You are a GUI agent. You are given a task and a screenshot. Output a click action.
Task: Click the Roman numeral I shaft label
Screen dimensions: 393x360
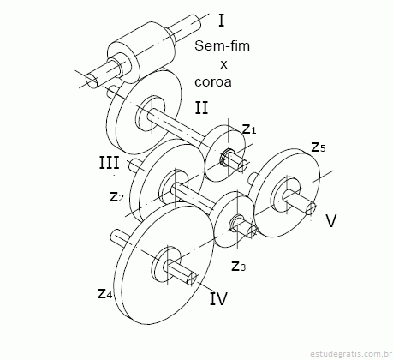tap(222, 21)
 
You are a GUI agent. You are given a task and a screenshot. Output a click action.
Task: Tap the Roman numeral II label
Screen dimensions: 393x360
tap(202, 108)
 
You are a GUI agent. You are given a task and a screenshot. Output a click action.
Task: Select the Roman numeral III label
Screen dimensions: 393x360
tap(109, 163)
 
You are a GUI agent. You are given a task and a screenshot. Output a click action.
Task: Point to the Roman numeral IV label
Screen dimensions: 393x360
tap(218, 298)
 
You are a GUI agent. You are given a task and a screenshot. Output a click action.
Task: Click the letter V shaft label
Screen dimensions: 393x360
tap(331, 220)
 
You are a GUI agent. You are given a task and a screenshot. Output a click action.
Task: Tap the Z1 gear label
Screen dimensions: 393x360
tap(249, 129)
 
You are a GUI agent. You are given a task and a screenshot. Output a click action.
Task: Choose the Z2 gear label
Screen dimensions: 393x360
tap(116, 196)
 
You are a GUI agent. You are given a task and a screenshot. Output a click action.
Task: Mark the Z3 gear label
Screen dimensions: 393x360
tap(238, 266)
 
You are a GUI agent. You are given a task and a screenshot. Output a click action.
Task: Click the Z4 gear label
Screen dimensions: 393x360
tap(105, 293)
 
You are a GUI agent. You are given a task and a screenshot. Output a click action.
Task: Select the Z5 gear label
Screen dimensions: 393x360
tap(319, 147)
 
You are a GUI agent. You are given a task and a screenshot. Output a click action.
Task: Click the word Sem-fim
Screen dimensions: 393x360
tap(222, 45)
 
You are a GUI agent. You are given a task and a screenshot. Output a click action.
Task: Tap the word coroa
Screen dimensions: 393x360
tap(213, 82)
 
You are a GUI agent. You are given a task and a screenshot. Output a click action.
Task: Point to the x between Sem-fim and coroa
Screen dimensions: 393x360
tap(223, 64)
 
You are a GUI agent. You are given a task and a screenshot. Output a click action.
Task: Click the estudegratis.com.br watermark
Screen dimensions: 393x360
tap(351, 354)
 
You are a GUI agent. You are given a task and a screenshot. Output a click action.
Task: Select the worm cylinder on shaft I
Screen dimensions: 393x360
tap(141, 52)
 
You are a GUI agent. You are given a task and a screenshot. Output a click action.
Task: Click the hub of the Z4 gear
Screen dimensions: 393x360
tap(166, 264)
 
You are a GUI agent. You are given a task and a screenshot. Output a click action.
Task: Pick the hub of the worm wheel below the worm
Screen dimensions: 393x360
tap(150, 113)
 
